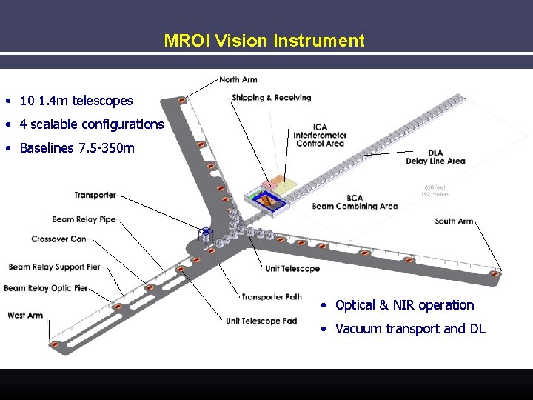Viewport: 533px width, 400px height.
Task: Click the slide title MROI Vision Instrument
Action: point(264,41)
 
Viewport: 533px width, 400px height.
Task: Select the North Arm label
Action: point(238,80)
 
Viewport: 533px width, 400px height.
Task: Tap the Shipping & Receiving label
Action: point(271,98)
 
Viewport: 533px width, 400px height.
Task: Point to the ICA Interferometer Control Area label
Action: point(320,135)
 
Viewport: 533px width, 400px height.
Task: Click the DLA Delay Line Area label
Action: point(435,157)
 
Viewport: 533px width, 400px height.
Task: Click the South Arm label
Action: point(454,221)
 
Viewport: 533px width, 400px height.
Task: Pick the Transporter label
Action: point(95,196)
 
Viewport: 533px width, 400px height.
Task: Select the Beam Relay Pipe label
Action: point(84,220)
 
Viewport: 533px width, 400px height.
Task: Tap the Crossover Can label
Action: point(58,239)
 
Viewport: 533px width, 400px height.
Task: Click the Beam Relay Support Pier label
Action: point(54,267)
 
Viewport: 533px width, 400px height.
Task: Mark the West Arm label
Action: point(24,316)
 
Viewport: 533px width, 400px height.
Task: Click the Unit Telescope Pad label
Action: point(261,321)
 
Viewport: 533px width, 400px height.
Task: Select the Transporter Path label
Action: point(272,297)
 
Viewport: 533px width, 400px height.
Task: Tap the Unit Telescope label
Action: point(292,268)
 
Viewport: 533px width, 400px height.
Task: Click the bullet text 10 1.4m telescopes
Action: point(76,101)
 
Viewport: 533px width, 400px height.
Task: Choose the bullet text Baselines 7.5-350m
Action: point(77,148)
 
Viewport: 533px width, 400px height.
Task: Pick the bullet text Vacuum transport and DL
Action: point(410,329)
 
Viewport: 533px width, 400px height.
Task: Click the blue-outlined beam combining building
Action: point(269,199)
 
